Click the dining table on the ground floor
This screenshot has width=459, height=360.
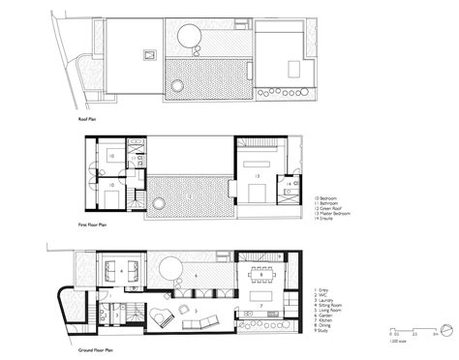[x=262, y=275]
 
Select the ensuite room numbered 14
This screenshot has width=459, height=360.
[x=288, y=184]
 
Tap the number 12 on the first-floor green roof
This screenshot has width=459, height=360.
[x=191, y=196]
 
